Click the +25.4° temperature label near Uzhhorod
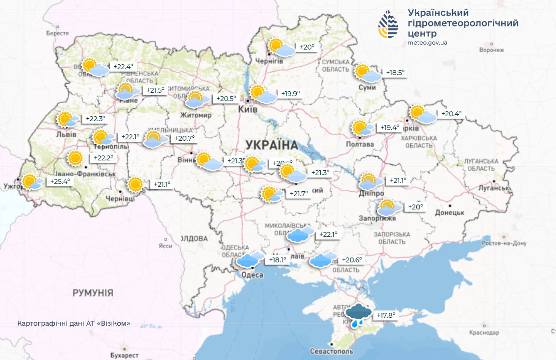pos(60,181)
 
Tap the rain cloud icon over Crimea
pos(358,315)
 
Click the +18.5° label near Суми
pos(395,73)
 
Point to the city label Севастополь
pos(331,352)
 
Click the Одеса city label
pos(252,275)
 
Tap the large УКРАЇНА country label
pos(272,145)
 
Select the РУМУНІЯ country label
pos(93,293)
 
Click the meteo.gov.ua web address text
pos(427,43)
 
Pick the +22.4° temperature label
pos(123,67)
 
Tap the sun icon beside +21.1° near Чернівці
pos(135,184)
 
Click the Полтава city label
pos(360,144)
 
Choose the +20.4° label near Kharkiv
pos(451,114)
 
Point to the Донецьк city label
pos(449,212)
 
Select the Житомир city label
pos(196,115)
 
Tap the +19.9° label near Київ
pos(290,94)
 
